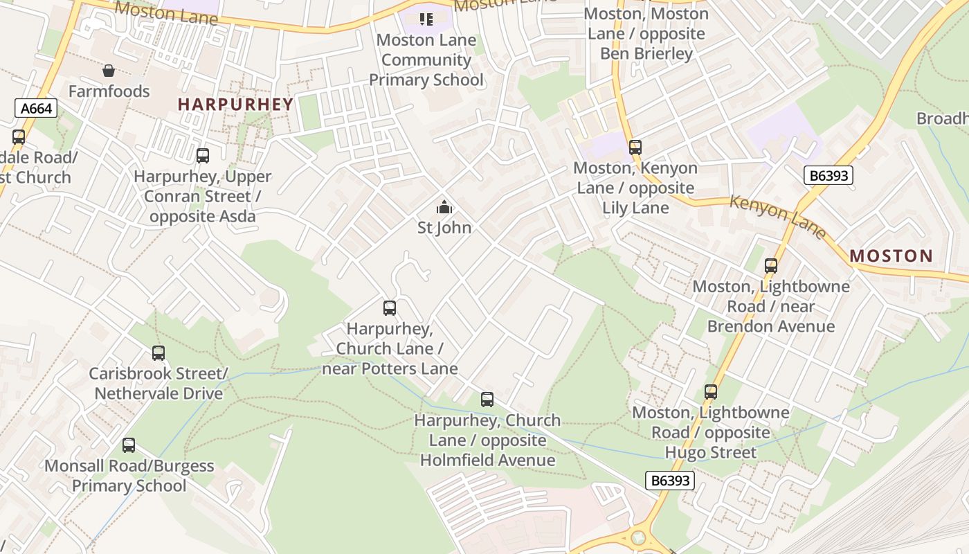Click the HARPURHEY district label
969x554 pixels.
(x=235, y=105)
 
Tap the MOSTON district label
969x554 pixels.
(x=891, y=256)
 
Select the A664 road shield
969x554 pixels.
(x=36, y=108)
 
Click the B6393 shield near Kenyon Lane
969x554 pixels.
(x=828, y=176)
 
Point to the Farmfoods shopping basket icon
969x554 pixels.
(x=109, y=71)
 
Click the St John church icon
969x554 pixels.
(x=444, y=207)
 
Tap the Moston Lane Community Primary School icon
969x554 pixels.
(x=426, y=19)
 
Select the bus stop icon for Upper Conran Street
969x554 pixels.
(x=202, y=156)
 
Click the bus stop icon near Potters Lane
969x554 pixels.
(x=390, y=308)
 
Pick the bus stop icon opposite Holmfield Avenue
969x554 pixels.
(x=487, y=400)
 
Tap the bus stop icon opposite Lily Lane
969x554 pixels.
(x=635, y=147)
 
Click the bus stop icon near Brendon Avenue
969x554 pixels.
(x=770, y=266)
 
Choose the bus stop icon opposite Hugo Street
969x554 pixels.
(x=711, y=392)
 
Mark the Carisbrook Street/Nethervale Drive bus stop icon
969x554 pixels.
(x=159, y=353)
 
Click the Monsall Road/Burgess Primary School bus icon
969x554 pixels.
(x=129, y=445)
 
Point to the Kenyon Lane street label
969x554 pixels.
(x=778, y=216)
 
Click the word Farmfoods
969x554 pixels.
(x=109, y=91)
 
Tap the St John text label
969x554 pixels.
(x=444, y=228)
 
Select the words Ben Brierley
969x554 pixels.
(x=646, y=53)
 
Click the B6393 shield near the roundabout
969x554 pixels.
(x=669, y=481)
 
